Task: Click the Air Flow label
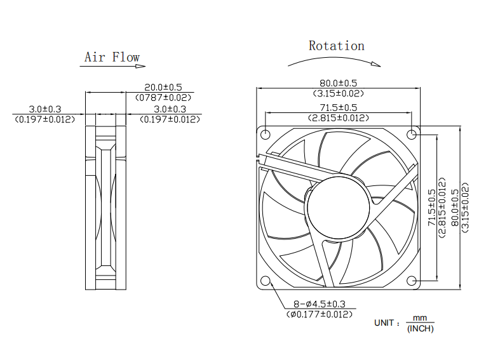pos(112,57)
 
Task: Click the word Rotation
pos(337,46)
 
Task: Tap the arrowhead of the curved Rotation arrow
pos(378,64)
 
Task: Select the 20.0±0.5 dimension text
pos(163,88)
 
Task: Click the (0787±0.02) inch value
pos(163,97)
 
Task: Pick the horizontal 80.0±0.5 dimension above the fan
pos(338,83)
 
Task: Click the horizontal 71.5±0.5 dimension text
pos(338,107)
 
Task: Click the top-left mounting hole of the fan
pos(265,134)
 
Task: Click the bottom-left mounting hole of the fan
pos(265,281)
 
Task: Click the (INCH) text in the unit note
pos(420,328)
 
